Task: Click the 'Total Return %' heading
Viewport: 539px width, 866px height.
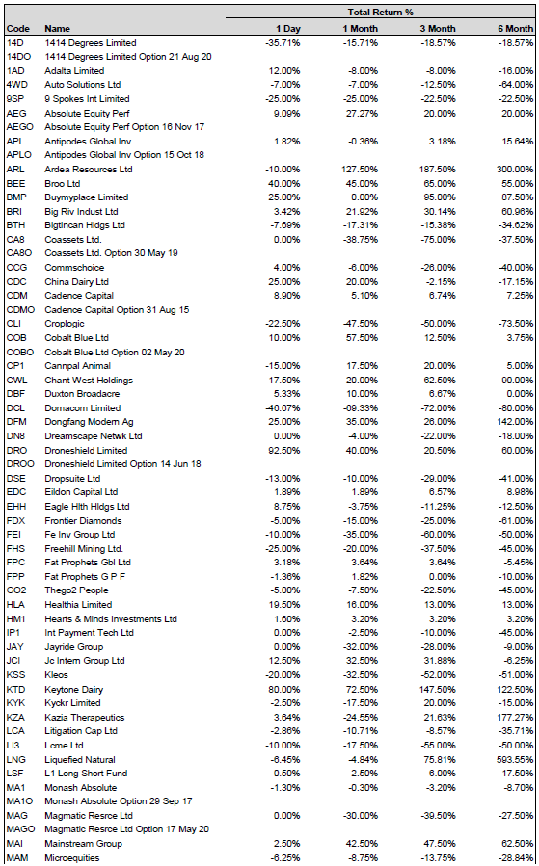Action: [x=380, y=13]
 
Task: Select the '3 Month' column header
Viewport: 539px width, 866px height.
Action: [x=438, y=29]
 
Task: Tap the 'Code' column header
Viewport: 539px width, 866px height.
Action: [x=18, y=29]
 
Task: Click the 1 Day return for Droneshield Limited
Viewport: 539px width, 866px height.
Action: [x=284, y=450]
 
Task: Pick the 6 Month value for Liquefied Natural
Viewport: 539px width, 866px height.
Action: [x=515, y=759]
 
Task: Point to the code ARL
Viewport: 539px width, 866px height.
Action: [x=15, y=169]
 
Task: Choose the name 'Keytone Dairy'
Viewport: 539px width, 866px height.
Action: [x=74, y=690]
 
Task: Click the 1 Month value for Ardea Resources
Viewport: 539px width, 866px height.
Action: [x=360, y=169]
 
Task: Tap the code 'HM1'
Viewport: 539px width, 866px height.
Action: [x=16, y=619]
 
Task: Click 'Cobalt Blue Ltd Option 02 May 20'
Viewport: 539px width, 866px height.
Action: [x=115, y=352]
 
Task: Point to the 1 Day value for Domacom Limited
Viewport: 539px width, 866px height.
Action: [x=283, y=408]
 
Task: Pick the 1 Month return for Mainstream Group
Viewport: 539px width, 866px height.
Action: [x=363, y=843]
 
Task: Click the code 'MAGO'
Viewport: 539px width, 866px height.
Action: [x=20, y=829]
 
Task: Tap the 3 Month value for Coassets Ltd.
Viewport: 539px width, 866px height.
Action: [x=439, y=240]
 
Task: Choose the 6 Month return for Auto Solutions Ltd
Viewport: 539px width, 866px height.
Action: [x=516, y=85]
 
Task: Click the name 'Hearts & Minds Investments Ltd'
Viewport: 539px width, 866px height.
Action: [x=111, y=619]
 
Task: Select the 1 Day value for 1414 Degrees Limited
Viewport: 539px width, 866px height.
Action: [x=283, y=43]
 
